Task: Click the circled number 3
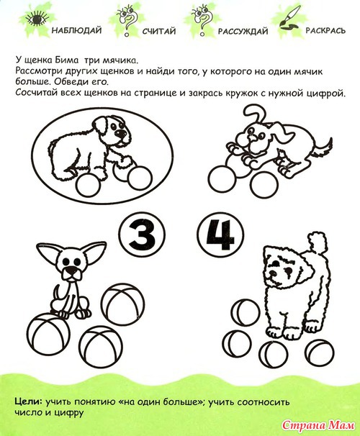click(x=140, y=234)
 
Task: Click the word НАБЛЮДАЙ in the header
click(x=76, y=30)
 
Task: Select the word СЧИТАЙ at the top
click(x=159, y=31)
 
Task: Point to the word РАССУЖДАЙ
click(x=243, y=31)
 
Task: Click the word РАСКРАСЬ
click(x=325, y=30)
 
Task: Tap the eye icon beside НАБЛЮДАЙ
click(x=35, y=19)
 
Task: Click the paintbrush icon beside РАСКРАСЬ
click(x=289, y=17)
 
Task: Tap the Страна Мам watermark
click(x=318, y=425)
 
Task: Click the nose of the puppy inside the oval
click(x=120, y=134)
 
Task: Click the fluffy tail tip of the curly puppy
click(x=318, y=242)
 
